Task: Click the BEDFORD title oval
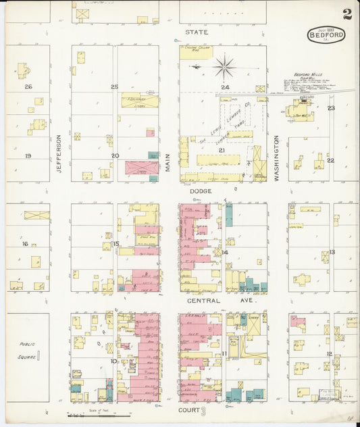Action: click(x=326, y=36)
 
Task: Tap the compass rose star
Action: click(x=224, y=66)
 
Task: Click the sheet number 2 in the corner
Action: click(x=346, y=14)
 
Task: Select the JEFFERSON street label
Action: click(x=59, y=154)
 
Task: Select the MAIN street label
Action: click(x=168, y=162)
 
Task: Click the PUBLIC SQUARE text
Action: click(x=28, y=349)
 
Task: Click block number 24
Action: click(x=225, y=87)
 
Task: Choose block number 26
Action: click(x=28, y=86)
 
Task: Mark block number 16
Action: click(x=25, y=244)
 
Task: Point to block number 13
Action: click(x=332, y=251)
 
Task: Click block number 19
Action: click(x=28, y=156)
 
